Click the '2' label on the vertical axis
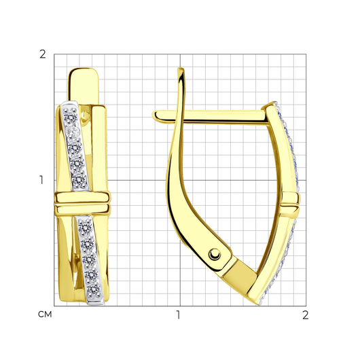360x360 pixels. pos(43,54)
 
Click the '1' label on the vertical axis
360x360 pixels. pos(41,180)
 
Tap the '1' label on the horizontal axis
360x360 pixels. pos(179,315)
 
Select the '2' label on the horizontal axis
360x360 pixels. pos(306,315)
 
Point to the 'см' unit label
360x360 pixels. pos(45,314)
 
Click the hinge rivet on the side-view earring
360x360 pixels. pos(215,255)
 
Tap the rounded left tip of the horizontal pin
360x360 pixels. pos(155,115)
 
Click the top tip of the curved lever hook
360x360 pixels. pos(181,69)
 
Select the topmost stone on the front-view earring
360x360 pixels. pos(71,117)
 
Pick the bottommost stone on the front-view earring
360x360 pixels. pos(94,289)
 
